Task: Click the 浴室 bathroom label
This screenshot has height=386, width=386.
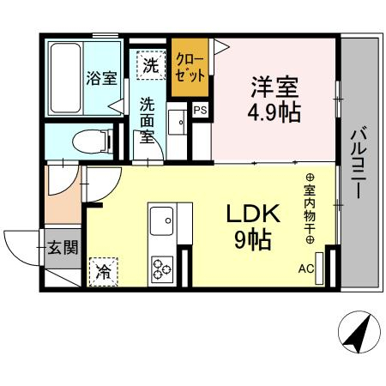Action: pyautogui.click(x=102, y=78)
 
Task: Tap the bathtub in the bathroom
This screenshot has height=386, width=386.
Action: pyautogui.click(x=65, y=78)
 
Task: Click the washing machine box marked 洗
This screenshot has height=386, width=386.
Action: pyautogui.click(x=151, y=65)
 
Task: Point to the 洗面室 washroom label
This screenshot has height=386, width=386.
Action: pyautogui.click(x=147, y=120)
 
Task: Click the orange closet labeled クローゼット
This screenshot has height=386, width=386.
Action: pyautogui.click(x=190, y=68)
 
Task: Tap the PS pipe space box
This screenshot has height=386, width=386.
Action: pyautogui.click(x=200, y=111)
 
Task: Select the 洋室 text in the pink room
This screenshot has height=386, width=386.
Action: pyautogui.click(x=274, y=87)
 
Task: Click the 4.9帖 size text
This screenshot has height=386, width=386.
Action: pyautogui.click(x=274, y=112)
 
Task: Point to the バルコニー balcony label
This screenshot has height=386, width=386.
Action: pyautogui.click(x=359, y=162)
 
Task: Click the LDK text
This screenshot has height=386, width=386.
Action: pyautogui.click(x=253, y=214)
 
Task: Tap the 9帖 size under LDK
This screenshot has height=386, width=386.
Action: pyautogui.click(x=253, y=239)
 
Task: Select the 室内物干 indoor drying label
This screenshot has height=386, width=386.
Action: pyautogui.click(x=310, y=208)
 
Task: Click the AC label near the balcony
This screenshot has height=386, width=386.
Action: pyautogui.click(x=306, y=269)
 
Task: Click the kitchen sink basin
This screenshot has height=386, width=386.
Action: pyautogui.click(x=161, y=220)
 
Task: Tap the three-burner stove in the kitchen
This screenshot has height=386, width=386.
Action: pyautogui.click(x=162, y=269)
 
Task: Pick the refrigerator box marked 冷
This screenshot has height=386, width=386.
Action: pyautogui.click(x=103, y=272)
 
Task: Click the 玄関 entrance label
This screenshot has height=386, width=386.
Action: pyautogui.click(x=63, y=247)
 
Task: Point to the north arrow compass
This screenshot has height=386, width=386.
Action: pyautogui.click(x=359, y=333)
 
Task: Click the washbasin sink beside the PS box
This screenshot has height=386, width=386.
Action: pyautogui.click(x=178, y=122)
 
